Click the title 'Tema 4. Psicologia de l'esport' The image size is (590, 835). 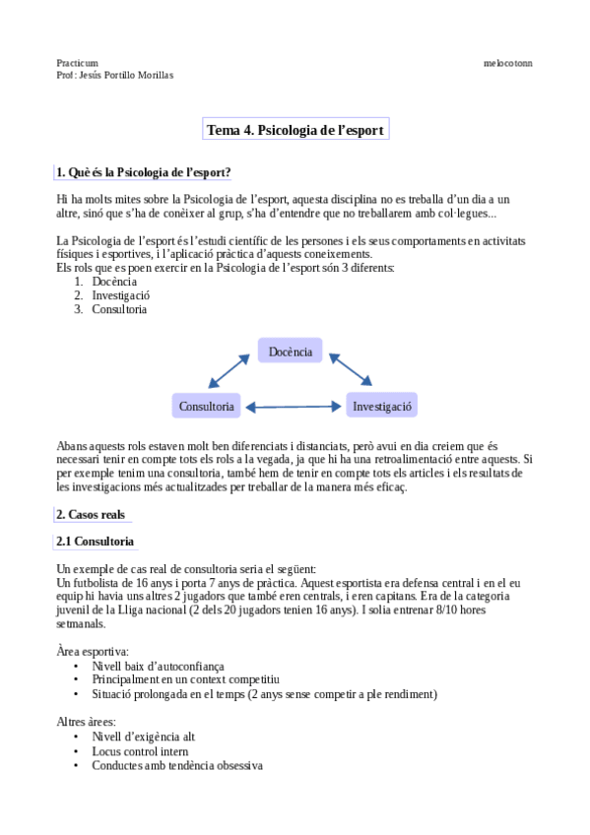(x=295, y=130)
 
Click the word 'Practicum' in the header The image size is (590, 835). (x=78, y=63)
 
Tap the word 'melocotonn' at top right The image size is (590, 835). (x=508, y=63)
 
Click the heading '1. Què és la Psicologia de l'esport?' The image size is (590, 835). (x=144, y=173)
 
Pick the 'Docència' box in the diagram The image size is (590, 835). (x=290, y=352)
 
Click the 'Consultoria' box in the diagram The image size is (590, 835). (x=207, y=406)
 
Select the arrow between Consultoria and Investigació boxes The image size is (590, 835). (x=295, y=406)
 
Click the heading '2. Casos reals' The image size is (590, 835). (x=92, y=514)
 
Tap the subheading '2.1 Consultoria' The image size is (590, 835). (x=96, y=542)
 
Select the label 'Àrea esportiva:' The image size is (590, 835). (x=93, y=652)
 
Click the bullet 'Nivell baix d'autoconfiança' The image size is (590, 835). (x=159, y=667)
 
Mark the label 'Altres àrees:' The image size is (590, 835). (x=87, y=722)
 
